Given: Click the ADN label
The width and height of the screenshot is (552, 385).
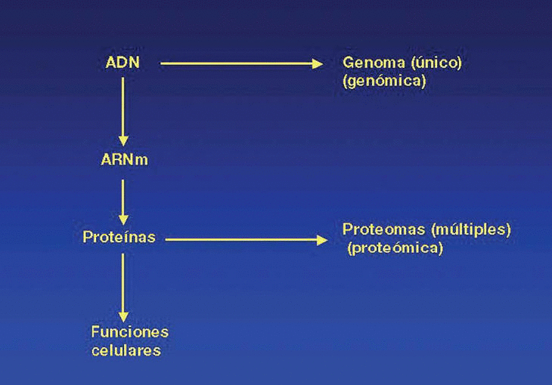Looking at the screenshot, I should pyautogui.click(x=122, y=63).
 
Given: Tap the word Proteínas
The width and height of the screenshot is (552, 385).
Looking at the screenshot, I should pyautogui.click(x=119, y=238).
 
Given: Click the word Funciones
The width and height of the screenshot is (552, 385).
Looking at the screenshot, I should pyautogui.click(x=129, y=332).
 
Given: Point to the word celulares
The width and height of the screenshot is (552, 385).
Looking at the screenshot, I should pyautogui.click(x=126, y=350).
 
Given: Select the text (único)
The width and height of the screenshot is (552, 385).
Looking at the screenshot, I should pyautogui.click(x=433, y=63).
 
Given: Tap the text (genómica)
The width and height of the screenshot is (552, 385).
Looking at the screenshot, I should pyautogui.click(x=384, y=81).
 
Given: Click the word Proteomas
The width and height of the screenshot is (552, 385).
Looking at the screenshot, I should pyautogui.click(x=377, y=229).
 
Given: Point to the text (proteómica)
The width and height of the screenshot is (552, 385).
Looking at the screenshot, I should pyautogui.click(x=395, y=248).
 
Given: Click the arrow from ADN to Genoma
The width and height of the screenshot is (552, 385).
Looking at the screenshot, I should pyautogui.click(x=242, y=63).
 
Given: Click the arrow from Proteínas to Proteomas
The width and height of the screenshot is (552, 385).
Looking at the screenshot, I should pyautogui.click(x=246, y=239).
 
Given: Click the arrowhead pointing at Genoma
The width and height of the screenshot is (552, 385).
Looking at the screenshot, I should pyautogui.click(x=318, y=63).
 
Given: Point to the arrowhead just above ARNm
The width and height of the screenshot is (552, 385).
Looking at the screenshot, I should pyautogui.click(x=123, y=140).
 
